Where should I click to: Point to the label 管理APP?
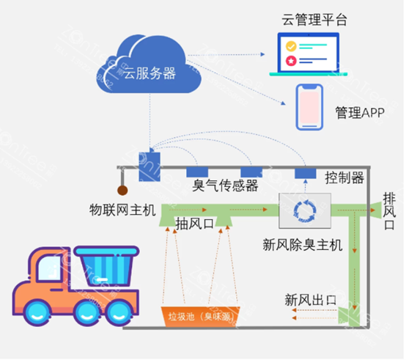click(361, 113)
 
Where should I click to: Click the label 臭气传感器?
click(225, 185)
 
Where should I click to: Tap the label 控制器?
click(344, 177)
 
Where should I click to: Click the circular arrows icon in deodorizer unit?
click(303, 210)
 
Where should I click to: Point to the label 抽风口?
click(194, 224)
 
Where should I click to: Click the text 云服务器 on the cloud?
click(150, 73)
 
